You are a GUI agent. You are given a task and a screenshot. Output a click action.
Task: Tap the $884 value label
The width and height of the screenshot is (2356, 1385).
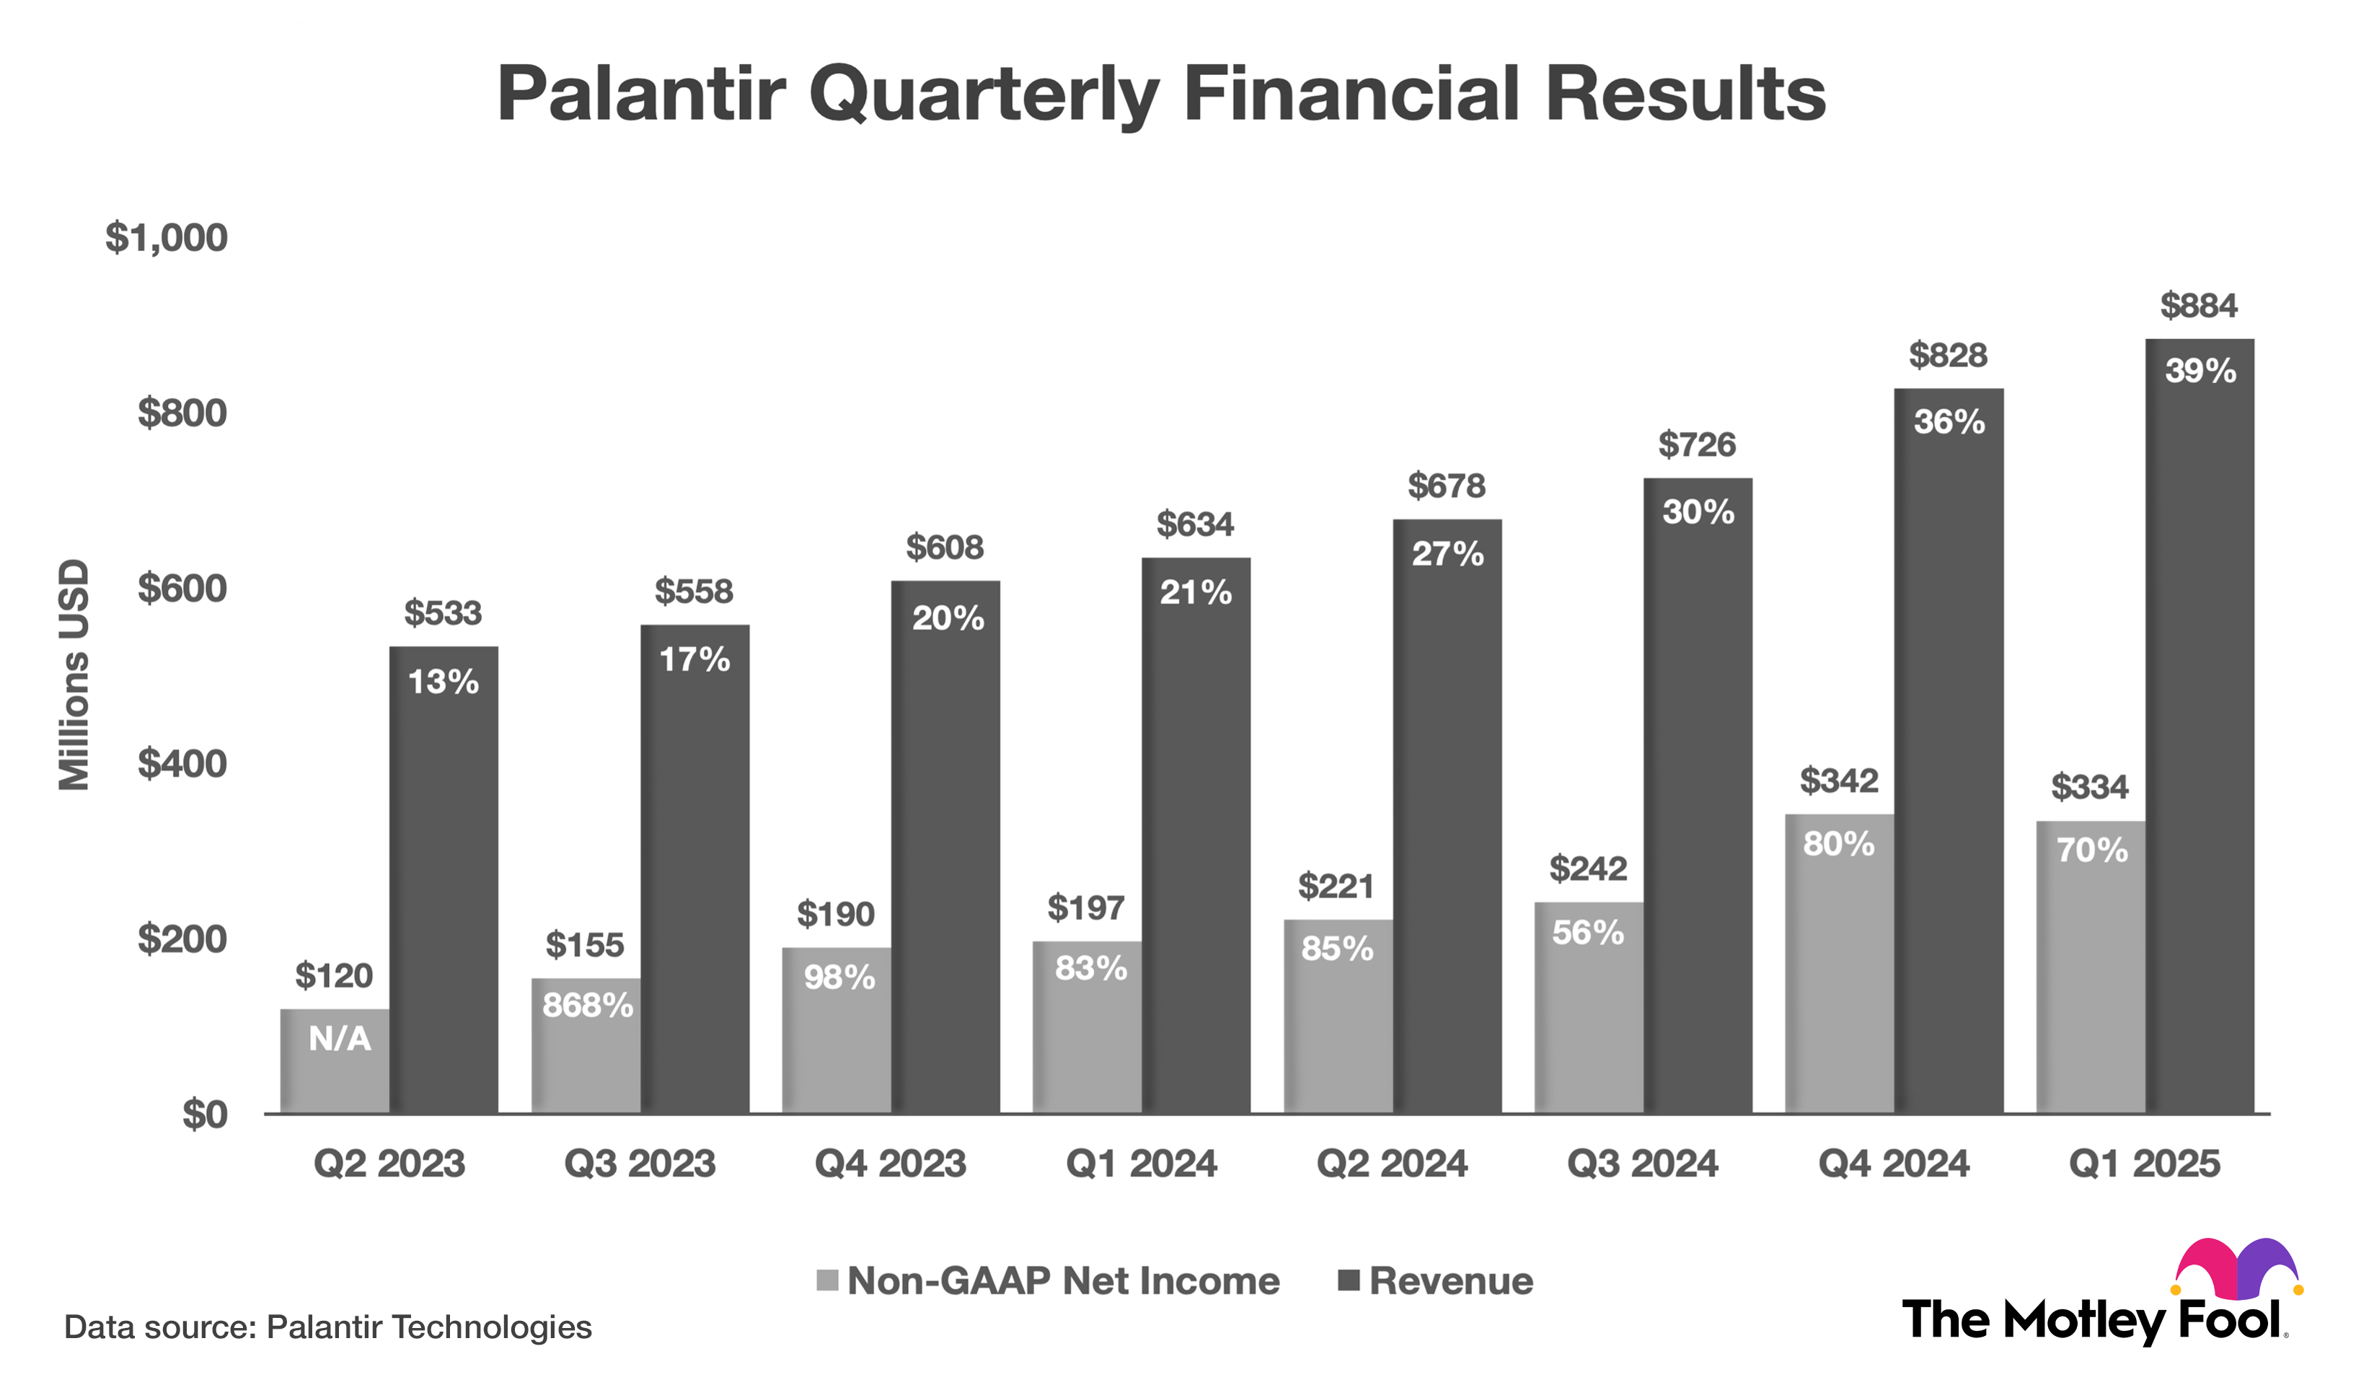[x=2198, y=306]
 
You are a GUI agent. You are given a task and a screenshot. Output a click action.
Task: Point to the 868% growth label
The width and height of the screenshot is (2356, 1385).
[x=587, y=1006]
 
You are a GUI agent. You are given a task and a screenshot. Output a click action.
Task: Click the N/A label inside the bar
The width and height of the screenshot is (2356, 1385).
[x=340, y=1038]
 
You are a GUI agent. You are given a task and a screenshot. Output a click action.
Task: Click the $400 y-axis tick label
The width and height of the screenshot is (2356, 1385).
[x=182, y=764]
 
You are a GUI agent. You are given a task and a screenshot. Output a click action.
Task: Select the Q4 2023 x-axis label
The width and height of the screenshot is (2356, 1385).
[x=889, y=1164]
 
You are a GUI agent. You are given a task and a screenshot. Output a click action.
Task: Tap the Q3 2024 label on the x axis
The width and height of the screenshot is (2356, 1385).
[x=1642, y=1164]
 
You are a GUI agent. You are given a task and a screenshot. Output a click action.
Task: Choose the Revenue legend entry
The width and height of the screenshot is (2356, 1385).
[x=1449, y=1280]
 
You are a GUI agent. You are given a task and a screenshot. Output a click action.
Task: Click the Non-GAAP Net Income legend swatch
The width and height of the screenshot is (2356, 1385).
[x=826, y=1280]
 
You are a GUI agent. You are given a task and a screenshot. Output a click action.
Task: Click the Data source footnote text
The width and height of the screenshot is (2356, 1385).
[x=327, y=1327]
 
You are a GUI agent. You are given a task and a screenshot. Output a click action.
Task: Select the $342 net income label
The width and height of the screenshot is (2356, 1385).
[x=1838, y=780]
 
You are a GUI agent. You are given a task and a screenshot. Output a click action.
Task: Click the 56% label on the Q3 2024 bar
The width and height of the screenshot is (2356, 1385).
[x=1587, y=933]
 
